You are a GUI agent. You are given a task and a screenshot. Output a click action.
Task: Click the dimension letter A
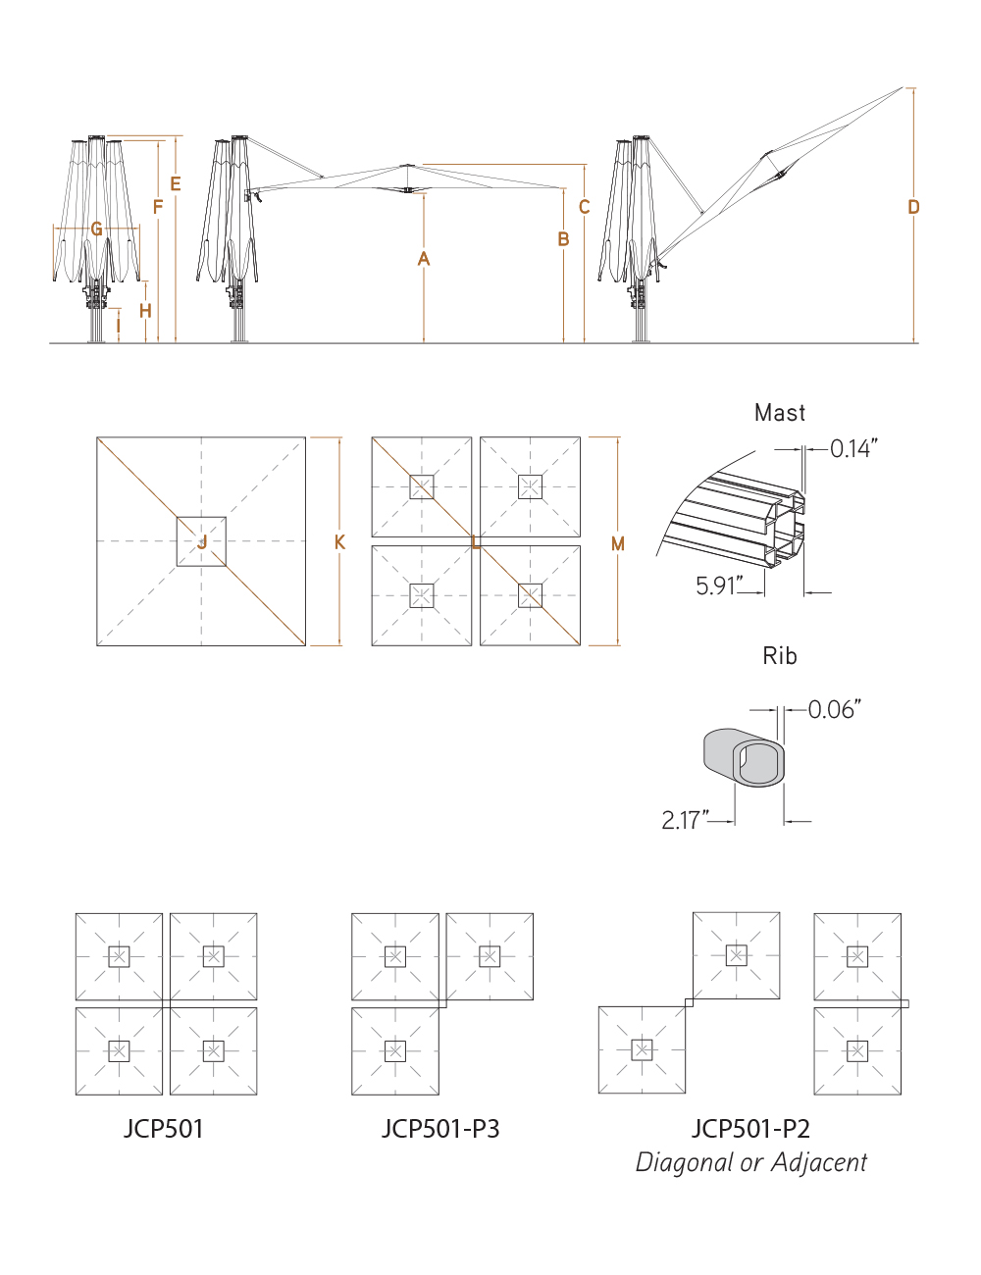(x=424, y=259)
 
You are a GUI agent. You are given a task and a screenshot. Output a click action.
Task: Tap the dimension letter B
(x=564, y=239)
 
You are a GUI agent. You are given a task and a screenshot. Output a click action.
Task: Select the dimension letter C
(x=585, y=207)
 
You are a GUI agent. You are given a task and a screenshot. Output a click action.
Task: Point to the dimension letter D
(x=914, y=207)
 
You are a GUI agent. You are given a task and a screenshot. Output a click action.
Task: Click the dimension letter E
(x=176, y=184)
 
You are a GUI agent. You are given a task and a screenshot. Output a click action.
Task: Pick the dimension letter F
(x=158, y=207)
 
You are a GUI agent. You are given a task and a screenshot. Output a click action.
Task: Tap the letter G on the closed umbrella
(x=96, y=229)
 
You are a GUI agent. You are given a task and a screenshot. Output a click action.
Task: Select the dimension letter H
(x=145, y=311)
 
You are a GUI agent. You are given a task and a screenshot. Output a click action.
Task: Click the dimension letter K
(x=339, y=542)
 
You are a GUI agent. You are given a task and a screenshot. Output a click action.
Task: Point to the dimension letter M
(x=618, y=543)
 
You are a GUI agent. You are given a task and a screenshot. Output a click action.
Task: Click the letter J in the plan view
(x=202, y=542)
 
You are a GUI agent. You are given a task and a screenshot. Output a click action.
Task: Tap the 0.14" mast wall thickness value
(x=852, y=449)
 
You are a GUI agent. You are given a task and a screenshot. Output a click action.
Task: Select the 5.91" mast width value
(x=716, y=586)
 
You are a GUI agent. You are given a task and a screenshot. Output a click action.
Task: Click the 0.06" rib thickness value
(x=834, y=709)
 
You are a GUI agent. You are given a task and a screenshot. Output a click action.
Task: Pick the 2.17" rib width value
(x=683, y=820)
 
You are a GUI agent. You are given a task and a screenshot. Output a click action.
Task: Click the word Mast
(x=780, y=413)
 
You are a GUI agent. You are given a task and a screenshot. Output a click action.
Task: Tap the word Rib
(x=780, y=656)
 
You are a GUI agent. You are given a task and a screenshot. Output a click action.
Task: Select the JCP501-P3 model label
(x=440, y=1129)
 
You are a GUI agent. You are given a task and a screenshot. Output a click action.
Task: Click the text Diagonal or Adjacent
(x=751, y=1163)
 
